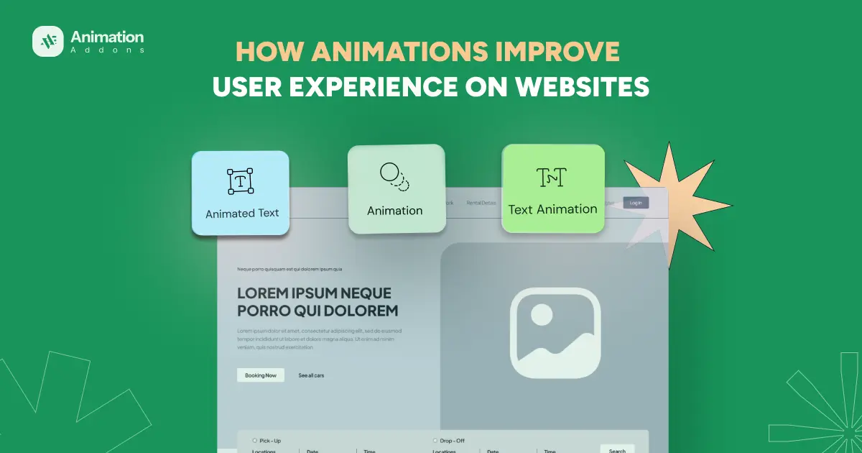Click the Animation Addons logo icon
click(48, 41)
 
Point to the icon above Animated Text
click(240, 181)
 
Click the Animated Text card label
click(242, 214)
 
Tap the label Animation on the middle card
click(394, 211)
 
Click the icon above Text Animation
click(552, 177)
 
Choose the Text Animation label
click(552, 209)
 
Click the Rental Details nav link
click(481, 203)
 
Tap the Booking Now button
click(260, 375)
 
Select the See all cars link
click(311, 375)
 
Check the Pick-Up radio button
click(254, 440)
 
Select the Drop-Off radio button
click(435, 440)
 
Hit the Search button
click(617, 449)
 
